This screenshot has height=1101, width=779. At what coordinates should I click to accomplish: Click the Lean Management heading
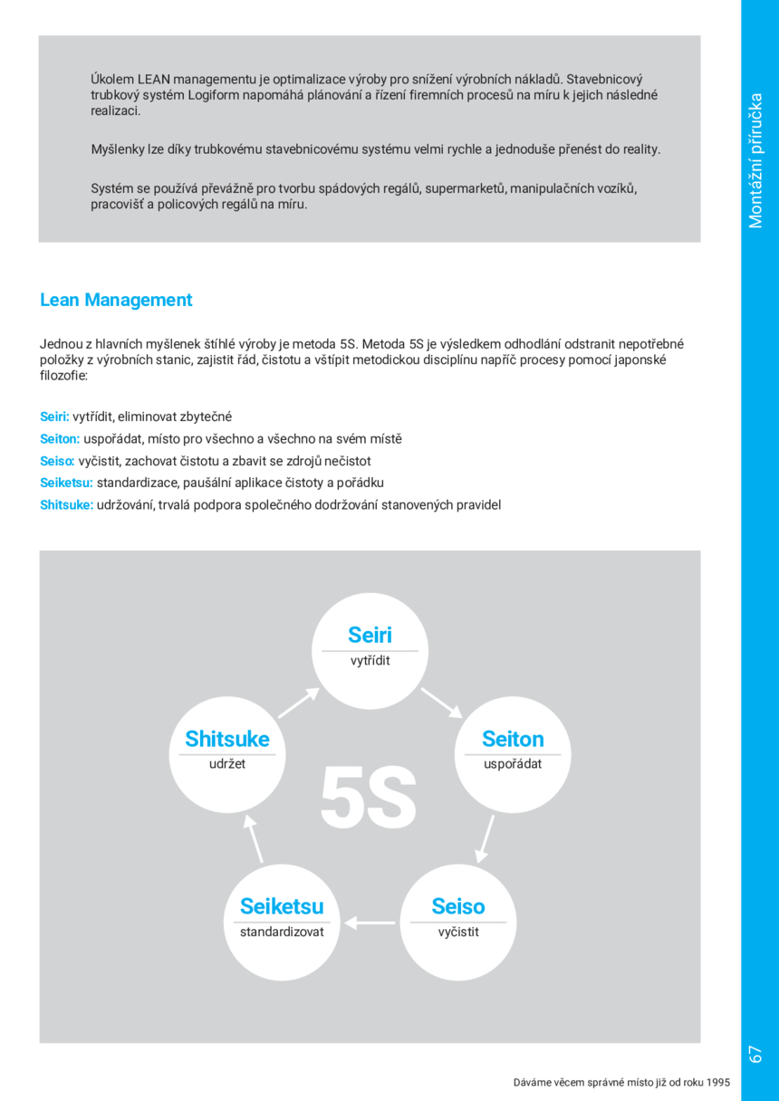(116, 300)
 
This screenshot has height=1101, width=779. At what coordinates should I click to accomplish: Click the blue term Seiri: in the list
(54, 416)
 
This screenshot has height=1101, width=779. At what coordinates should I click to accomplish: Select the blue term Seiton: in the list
(60, 439)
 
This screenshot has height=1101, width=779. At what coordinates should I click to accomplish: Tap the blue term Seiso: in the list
(57, 461)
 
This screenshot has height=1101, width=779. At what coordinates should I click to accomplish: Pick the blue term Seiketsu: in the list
(66, 483)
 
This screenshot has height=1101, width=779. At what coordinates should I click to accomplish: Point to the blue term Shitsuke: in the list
(66, 504)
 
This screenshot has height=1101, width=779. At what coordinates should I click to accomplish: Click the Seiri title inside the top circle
(370, 635)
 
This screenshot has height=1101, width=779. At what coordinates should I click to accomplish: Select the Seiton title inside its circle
(513, 739)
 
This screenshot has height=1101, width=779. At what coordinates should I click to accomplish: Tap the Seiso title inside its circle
(457, 906)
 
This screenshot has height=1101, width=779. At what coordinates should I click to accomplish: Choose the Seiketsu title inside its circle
(281, 906)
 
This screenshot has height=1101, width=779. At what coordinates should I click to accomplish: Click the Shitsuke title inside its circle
(227, 739)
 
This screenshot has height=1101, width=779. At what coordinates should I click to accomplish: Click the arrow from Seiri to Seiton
(441, 702)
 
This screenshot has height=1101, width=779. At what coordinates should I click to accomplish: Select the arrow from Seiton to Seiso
(486, 838)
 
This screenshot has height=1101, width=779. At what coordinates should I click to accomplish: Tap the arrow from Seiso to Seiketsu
(370, 923)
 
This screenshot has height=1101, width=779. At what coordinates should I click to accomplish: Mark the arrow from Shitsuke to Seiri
(298, 703)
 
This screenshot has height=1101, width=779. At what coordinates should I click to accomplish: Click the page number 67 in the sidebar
(756, 1053)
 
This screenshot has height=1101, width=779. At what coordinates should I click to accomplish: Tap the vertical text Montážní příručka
(756, 161)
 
